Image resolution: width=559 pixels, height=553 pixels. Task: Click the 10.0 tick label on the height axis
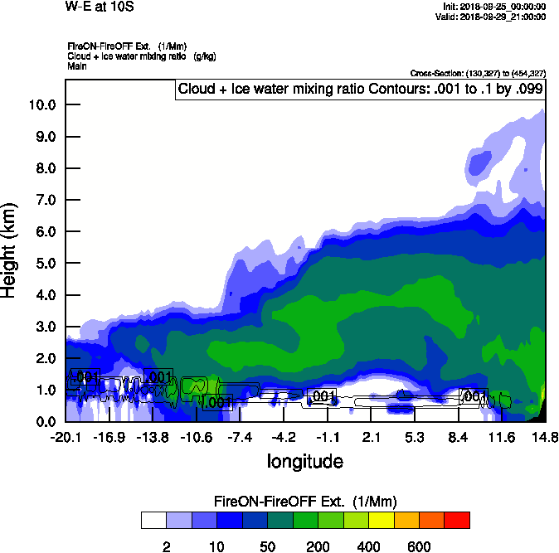(x=42, y=105)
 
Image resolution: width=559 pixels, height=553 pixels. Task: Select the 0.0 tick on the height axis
(x=46, y=422)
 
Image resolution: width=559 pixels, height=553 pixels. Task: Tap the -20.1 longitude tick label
(x=66, y=437)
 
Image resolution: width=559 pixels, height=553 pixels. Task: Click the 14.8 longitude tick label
(x=545, y=437)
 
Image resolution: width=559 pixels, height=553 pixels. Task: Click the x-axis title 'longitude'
(x=304, y=460)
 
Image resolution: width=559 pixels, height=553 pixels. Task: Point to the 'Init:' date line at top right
(x=495, y=7)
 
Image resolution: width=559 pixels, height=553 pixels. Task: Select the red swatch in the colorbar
(x=457, y=521)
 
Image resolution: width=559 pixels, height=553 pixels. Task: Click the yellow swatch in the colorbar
(x=382, y=521)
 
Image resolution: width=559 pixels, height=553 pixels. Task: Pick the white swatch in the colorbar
(x=154, y=521)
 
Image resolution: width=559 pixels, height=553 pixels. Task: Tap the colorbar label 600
(x=419, y=546)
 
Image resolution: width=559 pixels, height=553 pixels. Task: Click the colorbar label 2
(x=167, y=546)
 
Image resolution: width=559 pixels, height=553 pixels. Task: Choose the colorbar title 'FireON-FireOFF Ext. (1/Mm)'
(x=306, y=502)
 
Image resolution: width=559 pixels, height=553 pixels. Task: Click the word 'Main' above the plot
(x=77, y=65)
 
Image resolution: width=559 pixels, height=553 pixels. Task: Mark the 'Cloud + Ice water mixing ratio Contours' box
(x=360, y=90)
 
